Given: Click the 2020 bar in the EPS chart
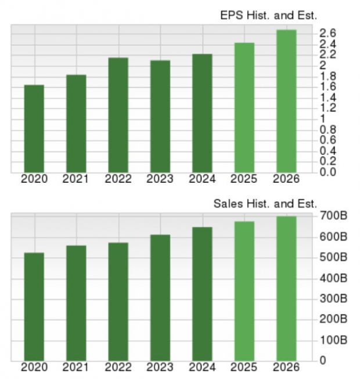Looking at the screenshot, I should coord(34,128).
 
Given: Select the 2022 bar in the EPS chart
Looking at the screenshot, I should coord(118,115).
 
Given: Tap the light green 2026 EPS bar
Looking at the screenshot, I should coord(286,101).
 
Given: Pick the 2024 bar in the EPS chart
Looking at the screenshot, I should coord(202,113).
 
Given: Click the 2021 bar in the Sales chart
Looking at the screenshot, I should coord(76,302).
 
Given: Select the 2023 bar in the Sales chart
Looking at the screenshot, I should coord(160,297).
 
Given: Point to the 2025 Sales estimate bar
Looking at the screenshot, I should coord(244,290).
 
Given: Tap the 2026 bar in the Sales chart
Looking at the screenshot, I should coord(286,288).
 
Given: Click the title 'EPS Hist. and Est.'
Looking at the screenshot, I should coord(268,16).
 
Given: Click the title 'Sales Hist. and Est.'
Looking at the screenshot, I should coord(265,204).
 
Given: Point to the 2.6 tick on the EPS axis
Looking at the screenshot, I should coord(327,33).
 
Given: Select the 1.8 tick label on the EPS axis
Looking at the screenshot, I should coord(327,76).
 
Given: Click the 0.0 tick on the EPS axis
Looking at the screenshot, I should coord(327,172).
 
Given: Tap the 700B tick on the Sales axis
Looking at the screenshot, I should coord(334,216).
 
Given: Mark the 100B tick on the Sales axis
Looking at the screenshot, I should coord(334,340).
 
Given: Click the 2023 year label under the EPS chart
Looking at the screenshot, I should coord(160,179).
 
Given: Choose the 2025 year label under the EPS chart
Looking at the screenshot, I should coord(244,179).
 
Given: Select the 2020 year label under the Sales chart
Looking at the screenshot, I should coord(34,367).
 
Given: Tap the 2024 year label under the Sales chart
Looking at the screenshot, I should coord(202,367).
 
